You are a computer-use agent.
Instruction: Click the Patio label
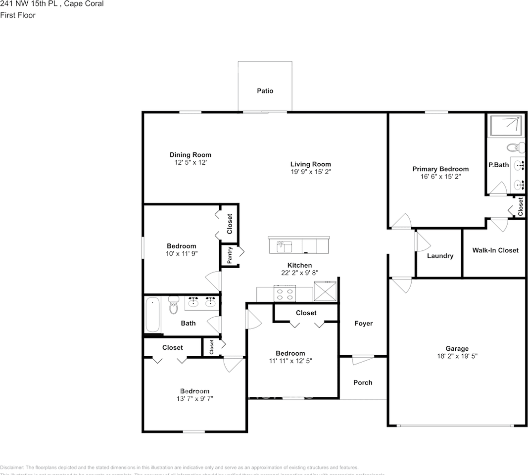[x=265, y=91]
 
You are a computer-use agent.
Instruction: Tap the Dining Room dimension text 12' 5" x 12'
[x=190, y=162]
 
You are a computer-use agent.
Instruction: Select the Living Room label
[x=310, y=164]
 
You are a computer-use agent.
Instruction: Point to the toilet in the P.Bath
[x=516, y=147]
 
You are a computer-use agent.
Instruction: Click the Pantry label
[x=230, y=256]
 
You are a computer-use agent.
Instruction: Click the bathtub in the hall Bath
[x=152, y=315]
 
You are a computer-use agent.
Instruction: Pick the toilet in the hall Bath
[x=173, y=305]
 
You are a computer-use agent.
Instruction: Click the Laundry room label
[x=440, y=256]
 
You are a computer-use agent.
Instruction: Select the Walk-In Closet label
[x=495, y=250]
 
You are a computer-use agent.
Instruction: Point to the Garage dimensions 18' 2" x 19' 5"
[x=457, y=356]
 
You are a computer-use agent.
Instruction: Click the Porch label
[x=363, y=382]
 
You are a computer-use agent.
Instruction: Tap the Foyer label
[x=363, y=324]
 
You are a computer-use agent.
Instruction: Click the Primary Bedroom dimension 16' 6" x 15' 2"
[x=440, y=176]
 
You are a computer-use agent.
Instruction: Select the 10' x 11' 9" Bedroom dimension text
[x=181, y=253]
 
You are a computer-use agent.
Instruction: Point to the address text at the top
[x=52, y=4]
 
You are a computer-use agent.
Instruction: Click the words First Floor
[x=18, y=15]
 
